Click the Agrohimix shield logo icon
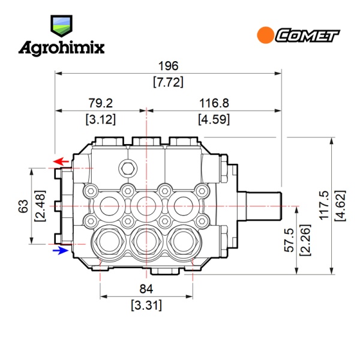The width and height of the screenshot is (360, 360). point(61,26)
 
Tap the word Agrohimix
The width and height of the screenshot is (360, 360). point(62,49)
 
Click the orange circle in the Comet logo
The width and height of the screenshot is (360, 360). point(265,35)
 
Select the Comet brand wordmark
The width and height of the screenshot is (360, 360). point(307,35)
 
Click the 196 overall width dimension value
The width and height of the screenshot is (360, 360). point(168,66)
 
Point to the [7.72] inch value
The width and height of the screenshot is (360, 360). point(168,82)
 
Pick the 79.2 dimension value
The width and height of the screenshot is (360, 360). point(101,103)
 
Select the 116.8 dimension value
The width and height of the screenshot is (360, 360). point(214,103)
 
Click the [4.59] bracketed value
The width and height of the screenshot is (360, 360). point(214,119)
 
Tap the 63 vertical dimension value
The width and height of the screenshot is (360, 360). point(23,206)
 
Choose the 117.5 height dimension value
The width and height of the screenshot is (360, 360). point(325,205)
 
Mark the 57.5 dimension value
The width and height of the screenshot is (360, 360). point(289,240)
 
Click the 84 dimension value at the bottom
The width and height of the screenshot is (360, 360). point(146,289)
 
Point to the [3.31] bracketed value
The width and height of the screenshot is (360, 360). point(146,305)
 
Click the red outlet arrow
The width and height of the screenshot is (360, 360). point(61,161)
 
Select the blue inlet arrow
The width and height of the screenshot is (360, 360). point(61,250)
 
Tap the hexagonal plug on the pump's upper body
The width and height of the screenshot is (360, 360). point(128,169)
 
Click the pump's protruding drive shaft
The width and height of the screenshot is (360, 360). point(259,206)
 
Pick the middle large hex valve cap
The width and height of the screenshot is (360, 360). point(146,241)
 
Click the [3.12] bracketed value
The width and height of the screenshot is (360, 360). point(101,119)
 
